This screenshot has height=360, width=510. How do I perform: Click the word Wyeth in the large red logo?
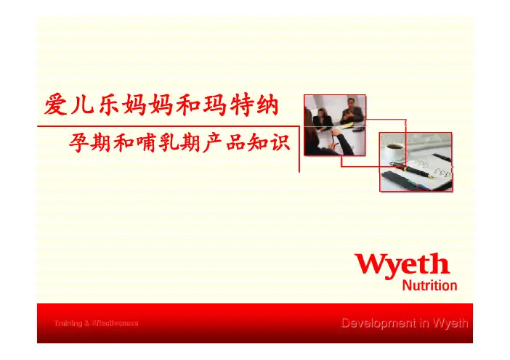[x=402, y=266]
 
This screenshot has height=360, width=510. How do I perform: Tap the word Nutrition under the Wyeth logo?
[x=429, y=285]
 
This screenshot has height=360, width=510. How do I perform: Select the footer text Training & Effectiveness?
[x=96, y=323]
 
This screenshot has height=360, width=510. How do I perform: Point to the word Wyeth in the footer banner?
[x=450, y=323]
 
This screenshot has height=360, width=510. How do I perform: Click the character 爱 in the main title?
[x=56, y=105]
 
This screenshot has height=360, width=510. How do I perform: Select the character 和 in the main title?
[x=189, y=105]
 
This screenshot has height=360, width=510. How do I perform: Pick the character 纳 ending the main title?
[x=267, y=105]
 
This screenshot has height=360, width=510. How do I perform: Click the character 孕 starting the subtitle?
[x=78, y=142]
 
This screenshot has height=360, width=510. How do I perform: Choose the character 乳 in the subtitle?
[x=168, y=142]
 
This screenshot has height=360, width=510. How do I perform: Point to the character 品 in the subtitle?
[x=235, y=142]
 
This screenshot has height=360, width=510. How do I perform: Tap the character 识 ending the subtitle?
[x=280, y=142]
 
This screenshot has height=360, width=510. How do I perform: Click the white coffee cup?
[x=394, y=150]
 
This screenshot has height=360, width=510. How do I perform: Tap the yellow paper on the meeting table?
[x=347, y=126]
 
